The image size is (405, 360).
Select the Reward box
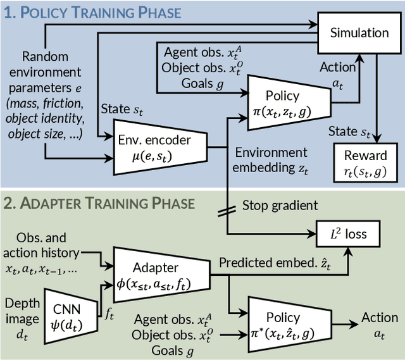[x=365, y=161]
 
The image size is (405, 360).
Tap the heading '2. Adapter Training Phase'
[x=100, y=203]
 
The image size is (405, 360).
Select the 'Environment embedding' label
[x=270, y=159]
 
